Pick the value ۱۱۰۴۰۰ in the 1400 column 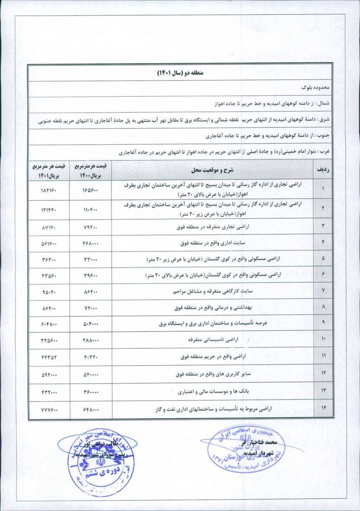click(x=90, y=209)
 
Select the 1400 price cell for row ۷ click(x=90, y=290)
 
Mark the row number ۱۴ click(x=323, y=408)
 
